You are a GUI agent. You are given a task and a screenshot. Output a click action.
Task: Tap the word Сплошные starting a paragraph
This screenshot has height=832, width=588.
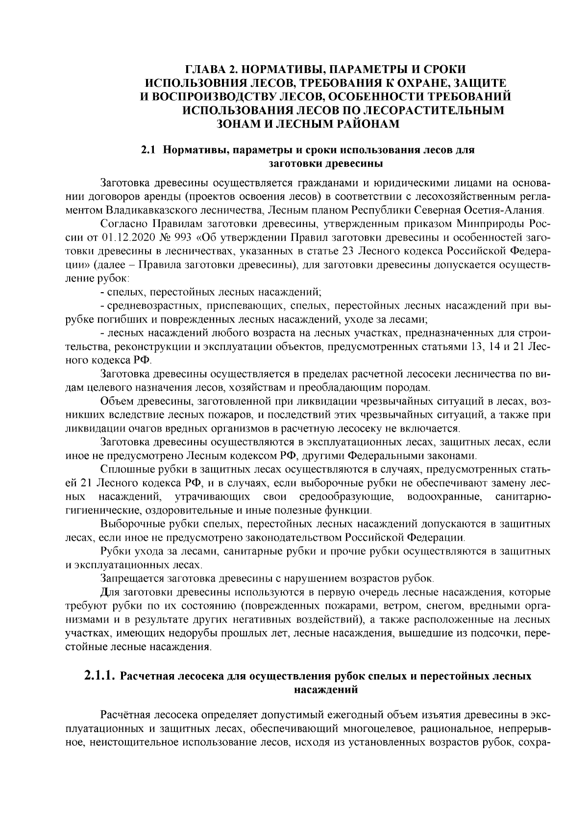point(123,469)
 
